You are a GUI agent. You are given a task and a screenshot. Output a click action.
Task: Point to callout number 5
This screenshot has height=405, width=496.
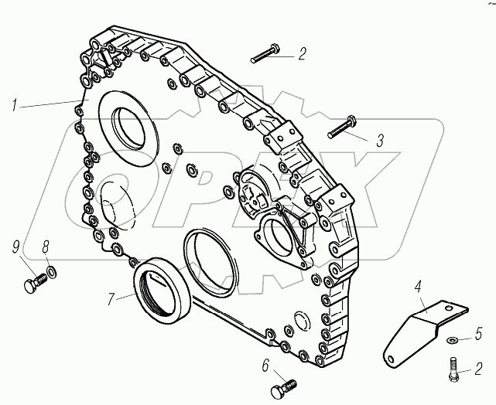[478, 334]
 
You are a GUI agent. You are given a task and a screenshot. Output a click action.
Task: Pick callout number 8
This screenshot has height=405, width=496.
[46, 247]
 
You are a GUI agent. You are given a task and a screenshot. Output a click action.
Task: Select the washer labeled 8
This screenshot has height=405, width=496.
[51, 272]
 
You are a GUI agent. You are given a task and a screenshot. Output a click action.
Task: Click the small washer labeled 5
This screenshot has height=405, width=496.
[453, 339]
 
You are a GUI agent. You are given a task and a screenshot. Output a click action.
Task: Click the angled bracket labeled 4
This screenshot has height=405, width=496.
[417, 328]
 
